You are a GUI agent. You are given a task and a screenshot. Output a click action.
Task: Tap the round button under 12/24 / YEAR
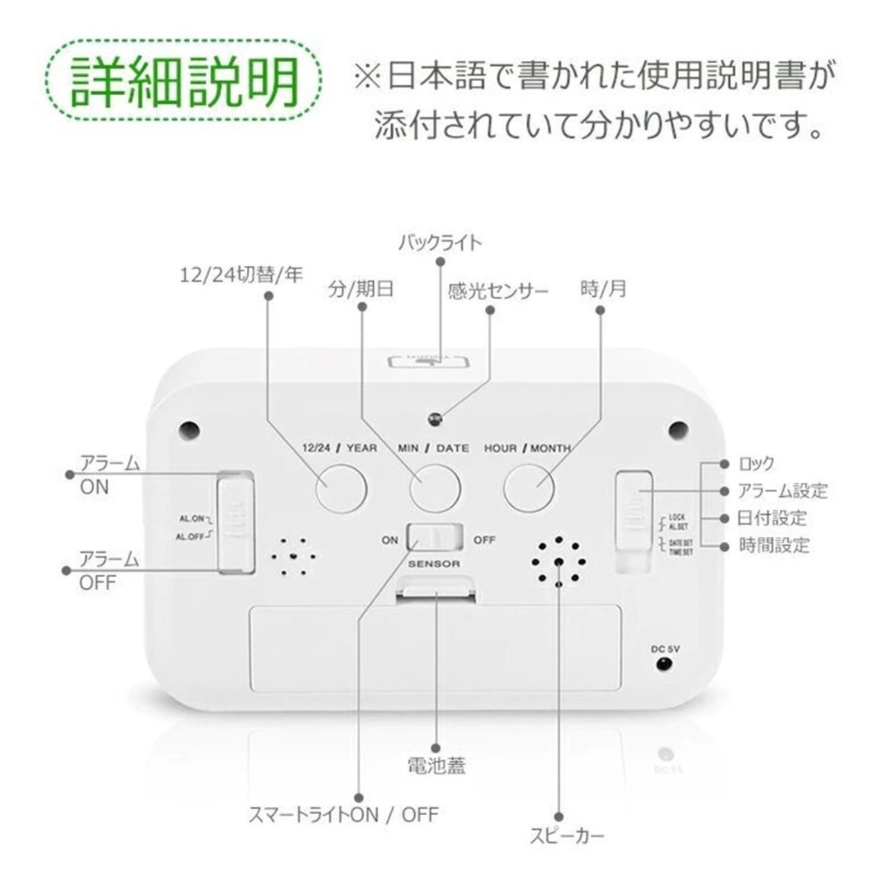341,488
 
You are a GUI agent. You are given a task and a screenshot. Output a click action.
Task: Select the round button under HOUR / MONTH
529,488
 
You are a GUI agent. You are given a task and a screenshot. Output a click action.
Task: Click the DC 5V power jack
664,664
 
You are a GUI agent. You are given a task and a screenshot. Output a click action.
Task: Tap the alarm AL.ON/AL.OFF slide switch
236,520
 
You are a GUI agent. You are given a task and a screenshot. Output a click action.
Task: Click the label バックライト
440,243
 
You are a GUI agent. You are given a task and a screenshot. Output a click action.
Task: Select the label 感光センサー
498,291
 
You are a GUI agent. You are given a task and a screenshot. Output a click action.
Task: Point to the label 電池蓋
436,765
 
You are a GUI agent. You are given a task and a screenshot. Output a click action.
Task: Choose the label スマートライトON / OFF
344,814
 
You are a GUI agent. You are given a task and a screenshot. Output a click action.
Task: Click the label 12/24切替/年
241,275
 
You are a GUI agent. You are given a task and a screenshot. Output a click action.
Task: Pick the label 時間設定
774,545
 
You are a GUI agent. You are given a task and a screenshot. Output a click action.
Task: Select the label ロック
756,464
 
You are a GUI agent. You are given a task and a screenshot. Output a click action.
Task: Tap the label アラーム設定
783,491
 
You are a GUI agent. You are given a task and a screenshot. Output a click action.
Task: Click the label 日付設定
772,518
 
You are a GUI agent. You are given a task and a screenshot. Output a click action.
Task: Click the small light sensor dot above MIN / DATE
436,418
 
